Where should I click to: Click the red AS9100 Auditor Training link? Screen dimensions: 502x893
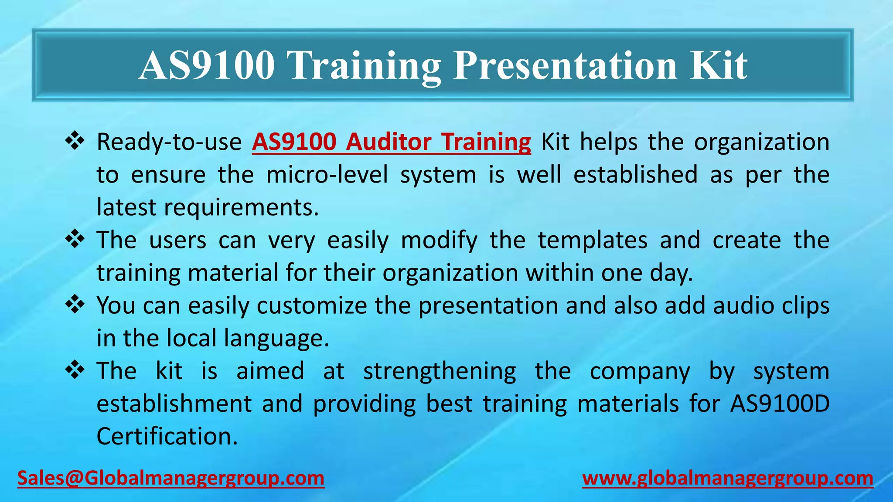391,142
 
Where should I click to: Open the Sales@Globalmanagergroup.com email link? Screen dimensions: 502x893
170,478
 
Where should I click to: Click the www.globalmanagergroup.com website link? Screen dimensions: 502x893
727,478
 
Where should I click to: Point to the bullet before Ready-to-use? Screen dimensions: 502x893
75,141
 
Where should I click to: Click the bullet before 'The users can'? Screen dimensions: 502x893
75,239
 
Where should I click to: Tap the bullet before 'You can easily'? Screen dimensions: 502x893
75,305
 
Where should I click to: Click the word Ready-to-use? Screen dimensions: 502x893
169,142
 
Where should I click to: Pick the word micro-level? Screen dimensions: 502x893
327,175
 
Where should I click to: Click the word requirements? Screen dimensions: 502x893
241,207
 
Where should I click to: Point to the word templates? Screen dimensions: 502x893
592,240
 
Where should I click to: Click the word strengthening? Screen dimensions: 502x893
440,371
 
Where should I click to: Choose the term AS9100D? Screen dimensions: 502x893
780,404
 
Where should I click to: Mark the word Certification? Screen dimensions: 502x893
167,436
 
